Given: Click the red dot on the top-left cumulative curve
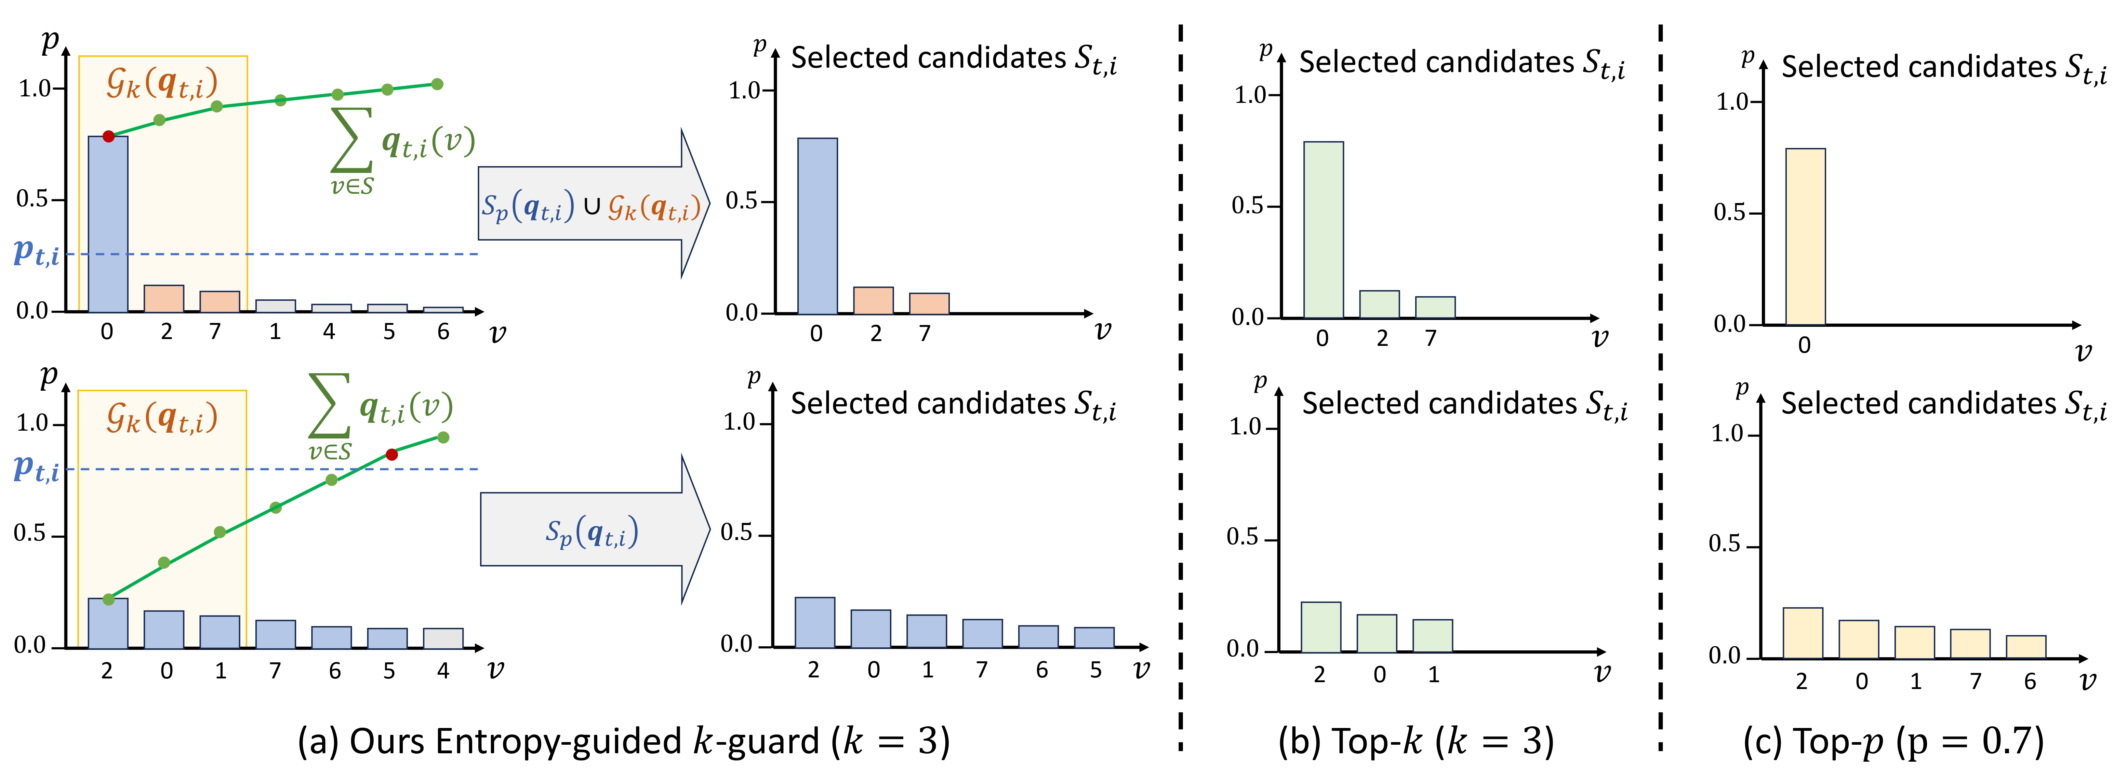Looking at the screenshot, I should click(x=108, y=136).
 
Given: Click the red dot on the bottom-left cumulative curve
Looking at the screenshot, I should click(x=392, y=454).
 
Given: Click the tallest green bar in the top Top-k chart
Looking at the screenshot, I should click(x=1323, y=230).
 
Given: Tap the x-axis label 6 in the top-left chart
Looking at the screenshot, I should click(x=443, y=331).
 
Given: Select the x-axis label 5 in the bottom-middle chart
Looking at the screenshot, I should click(x=1095, y=670).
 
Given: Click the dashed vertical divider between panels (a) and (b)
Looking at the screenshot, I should click(x=1180, y=385).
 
